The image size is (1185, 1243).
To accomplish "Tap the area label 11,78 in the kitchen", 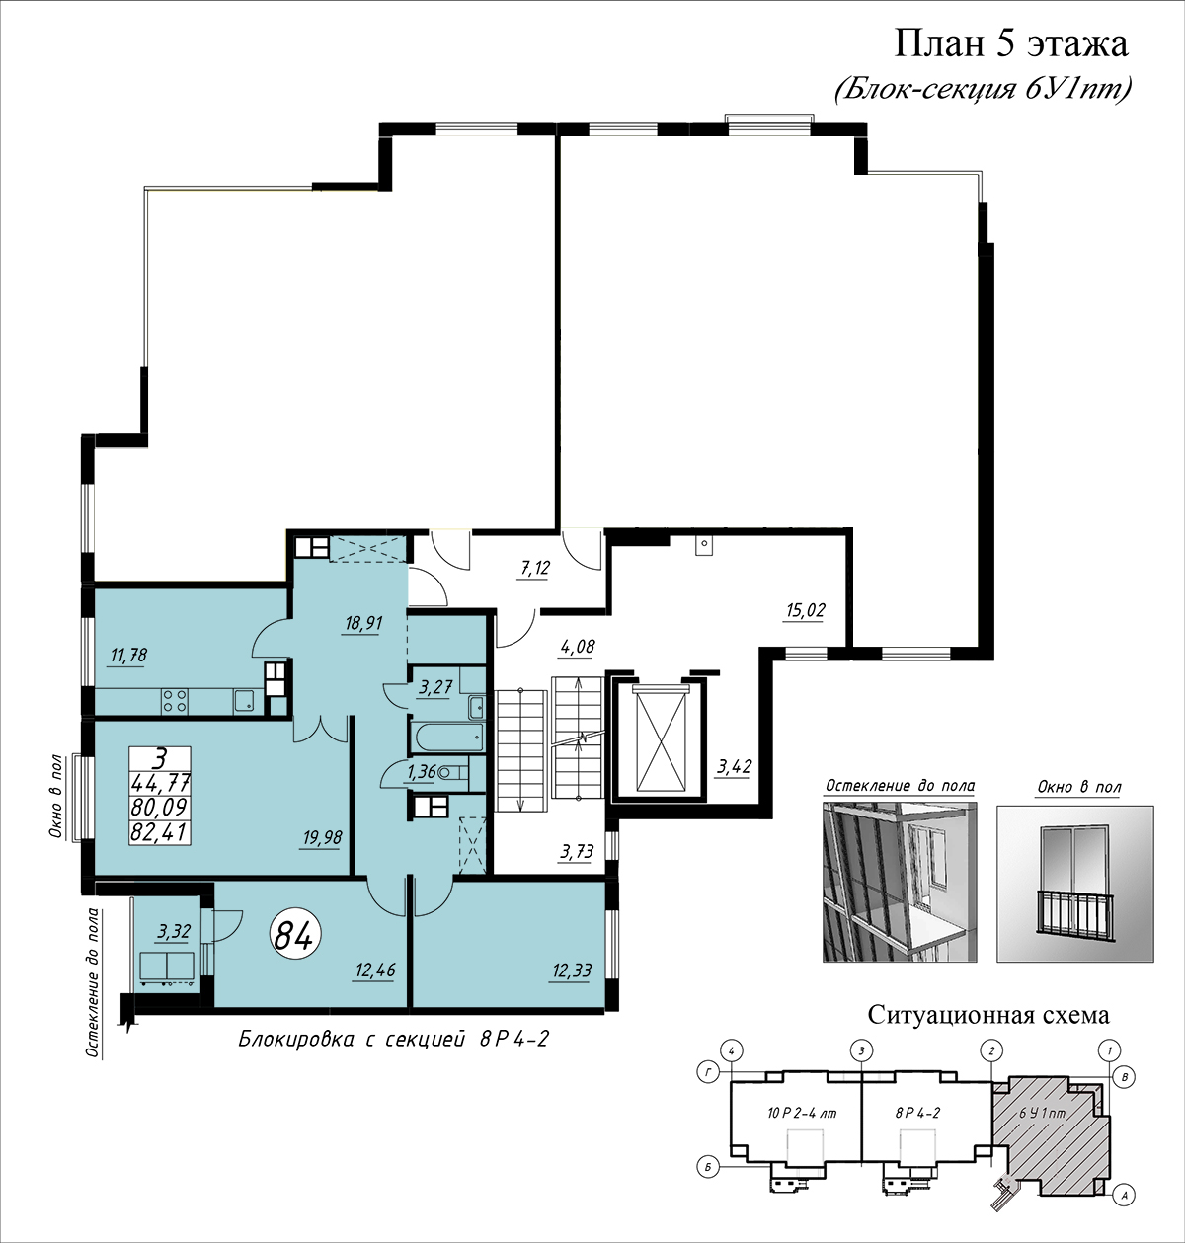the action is point(128,656).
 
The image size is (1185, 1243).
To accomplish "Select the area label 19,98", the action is point(323,838).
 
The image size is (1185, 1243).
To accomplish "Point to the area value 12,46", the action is point(375,970).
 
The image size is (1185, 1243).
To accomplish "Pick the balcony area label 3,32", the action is point(174,931).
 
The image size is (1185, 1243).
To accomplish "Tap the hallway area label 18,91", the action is point(363,623).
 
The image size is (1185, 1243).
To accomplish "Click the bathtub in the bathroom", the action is point(447,738).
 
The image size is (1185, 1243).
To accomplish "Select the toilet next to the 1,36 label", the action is point(453,772).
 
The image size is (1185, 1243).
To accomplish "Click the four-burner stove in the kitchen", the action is point(175,701).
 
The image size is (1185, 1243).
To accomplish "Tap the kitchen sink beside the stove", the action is point(244,701).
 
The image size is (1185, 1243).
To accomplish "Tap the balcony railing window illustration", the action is point(1075,885).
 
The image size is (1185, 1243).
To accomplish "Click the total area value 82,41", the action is point(159,832).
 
